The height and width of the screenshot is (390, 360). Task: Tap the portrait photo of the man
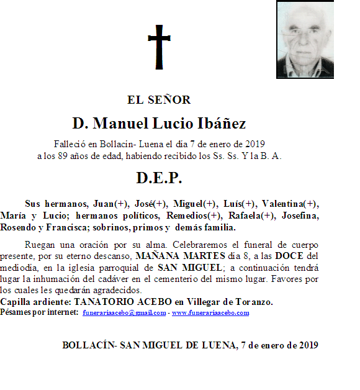[305, 40]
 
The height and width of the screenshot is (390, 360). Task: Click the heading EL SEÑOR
[159, 100]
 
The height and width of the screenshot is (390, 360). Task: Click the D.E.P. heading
[159, 179]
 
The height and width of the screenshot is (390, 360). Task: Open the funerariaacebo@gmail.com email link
[124, 313]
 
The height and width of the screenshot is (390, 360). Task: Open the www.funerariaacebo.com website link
[210, 313]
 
